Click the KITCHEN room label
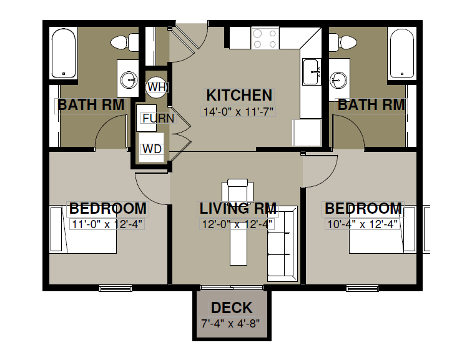click(239, 96)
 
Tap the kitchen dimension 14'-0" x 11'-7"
click(238, 112)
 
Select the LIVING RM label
click(238, 209)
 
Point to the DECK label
click(232, 308)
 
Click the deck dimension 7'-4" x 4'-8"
click(230, 324)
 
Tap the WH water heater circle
click(156, 87)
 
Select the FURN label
click(159, 118)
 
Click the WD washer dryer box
click(152, 148)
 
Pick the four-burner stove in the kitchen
click(265, 38)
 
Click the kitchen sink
click(312, 72)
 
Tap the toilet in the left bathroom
click(125, 42)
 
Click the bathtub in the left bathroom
click(64, 53)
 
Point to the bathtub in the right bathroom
click(402, 53)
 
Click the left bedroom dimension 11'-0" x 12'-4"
click(107, 224)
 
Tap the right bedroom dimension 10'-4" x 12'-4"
click(362, 224)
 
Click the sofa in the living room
click(282, 244)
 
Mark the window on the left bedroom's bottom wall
click(116, 289)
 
